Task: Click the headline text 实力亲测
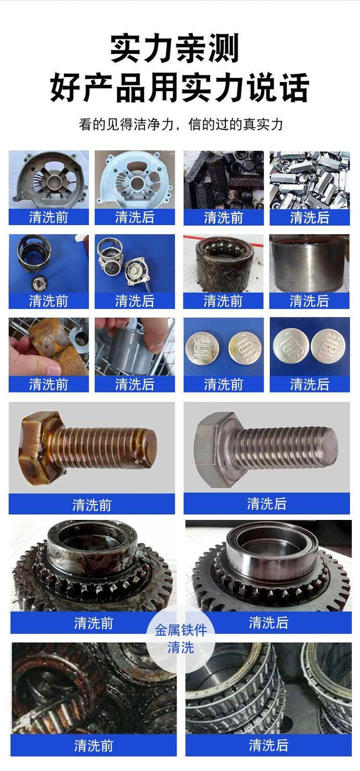175,48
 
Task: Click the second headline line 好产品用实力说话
180,88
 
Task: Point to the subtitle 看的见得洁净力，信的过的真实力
180,124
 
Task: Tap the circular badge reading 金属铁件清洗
180,639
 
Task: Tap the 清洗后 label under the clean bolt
267,504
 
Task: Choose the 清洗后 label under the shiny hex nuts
310,217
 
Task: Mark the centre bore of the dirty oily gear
93,539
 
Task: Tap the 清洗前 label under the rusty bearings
93,746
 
